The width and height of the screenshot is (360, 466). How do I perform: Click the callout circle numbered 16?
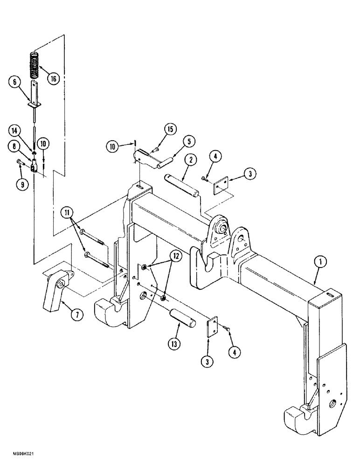pos(53,79)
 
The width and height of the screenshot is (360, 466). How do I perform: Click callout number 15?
pos(170,129)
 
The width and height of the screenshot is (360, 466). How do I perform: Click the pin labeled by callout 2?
pos(183,184)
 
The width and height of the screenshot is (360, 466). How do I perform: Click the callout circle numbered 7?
pos(77,315)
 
